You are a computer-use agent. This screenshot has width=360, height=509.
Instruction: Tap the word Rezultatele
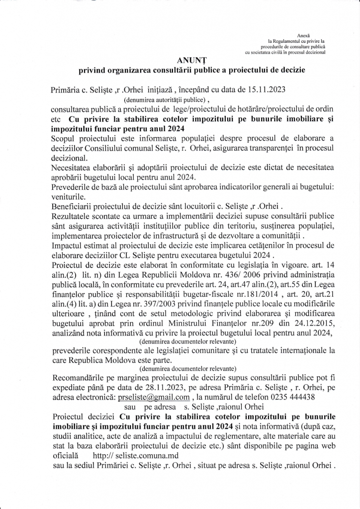tap(73, 212)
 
